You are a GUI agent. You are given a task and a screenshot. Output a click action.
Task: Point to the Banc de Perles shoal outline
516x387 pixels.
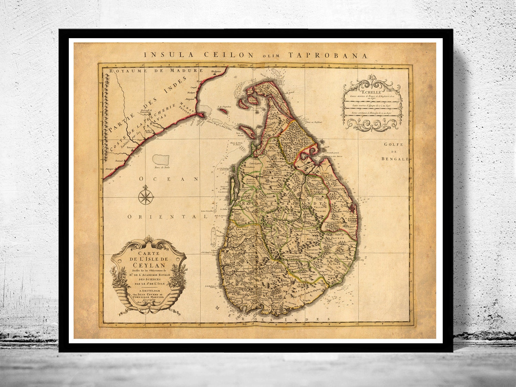click(x=162, y=159)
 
